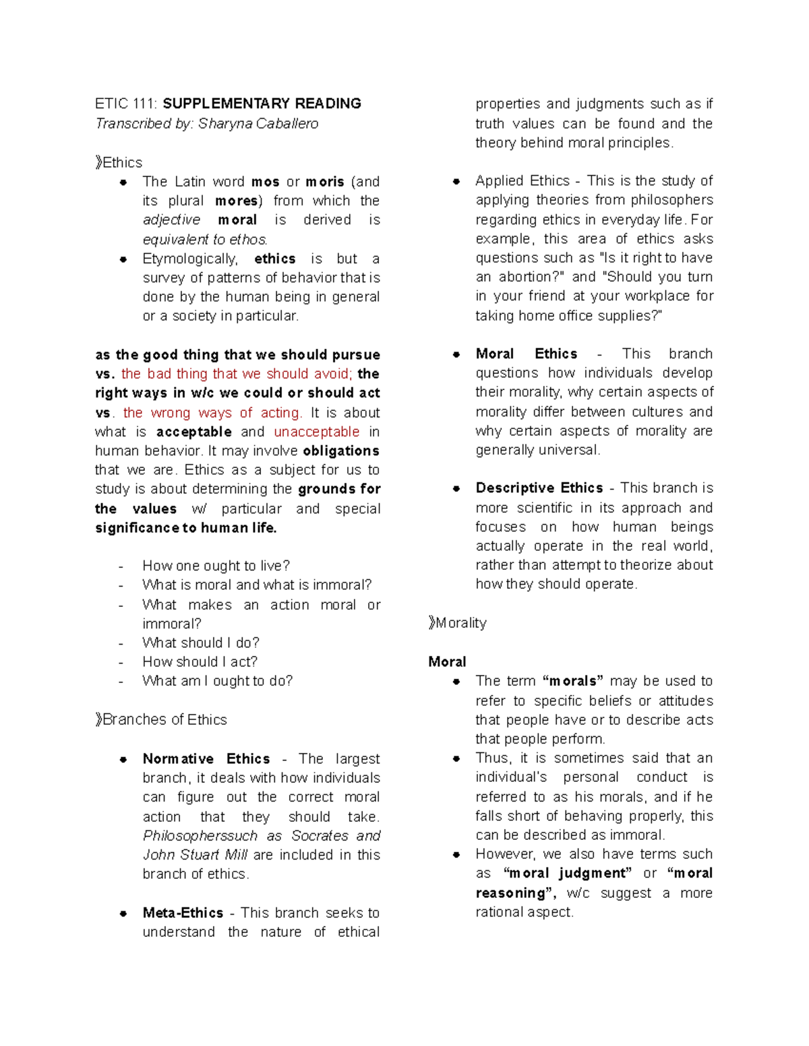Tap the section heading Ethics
tap(122, 162)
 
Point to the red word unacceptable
tap(316, 432)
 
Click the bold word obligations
tap(341, 451)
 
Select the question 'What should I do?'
tap(200, 643)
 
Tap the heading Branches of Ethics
tap(164, 719)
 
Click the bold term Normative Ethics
tap(206, 758)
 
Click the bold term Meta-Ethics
tap(183, 913)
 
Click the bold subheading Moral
tap(447, 661)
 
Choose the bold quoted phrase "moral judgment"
tap(568, 874)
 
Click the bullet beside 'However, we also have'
tap(456, 855)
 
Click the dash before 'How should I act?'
tap(121, 662)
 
